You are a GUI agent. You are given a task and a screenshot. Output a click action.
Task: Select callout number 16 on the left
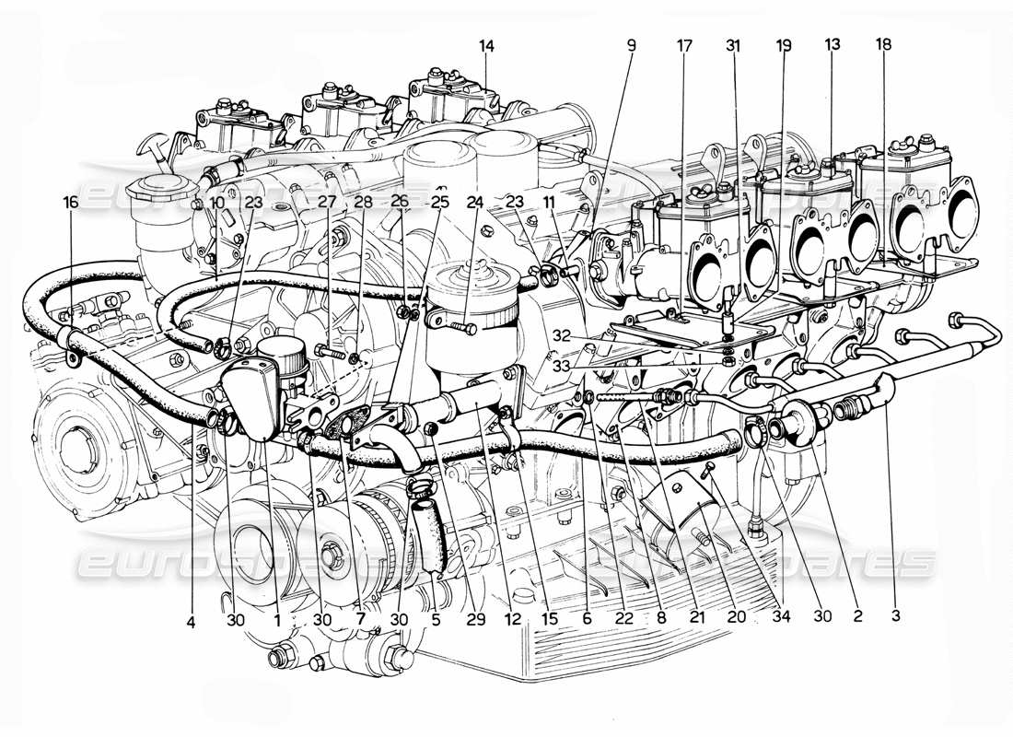(70, 201)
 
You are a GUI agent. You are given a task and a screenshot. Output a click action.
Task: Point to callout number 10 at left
(216, 201)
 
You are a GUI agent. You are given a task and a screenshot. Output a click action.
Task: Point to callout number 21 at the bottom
(696, 620)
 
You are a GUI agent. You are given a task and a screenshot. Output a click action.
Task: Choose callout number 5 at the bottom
(436, 620)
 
